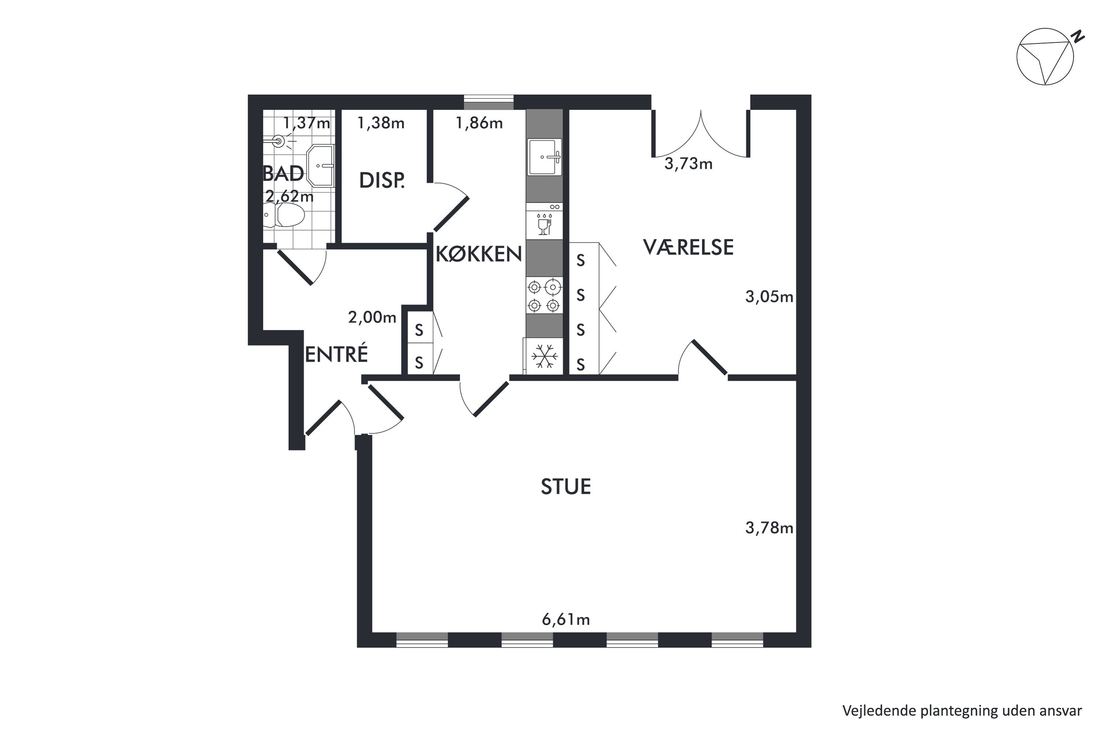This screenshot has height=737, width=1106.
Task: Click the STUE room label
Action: pos(566,486)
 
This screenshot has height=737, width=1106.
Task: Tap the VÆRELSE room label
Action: pos(688,247)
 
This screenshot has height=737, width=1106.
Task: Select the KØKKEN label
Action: pos(479,254)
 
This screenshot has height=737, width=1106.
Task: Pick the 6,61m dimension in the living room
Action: pos(566,620)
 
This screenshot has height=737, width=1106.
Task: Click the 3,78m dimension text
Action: pos(769,528)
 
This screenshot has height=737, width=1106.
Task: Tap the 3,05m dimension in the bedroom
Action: pos(769,297)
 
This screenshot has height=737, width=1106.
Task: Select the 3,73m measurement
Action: pos(688,164)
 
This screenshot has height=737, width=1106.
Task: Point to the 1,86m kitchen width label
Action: pos(479,123)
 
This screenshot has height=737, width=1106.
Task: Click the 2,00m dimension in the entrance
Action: pos(372,317)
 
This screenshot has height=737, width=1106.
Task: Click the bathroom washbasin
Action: pos(320,166)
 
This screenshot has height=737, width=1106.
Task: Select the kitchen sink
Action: pos(545,157)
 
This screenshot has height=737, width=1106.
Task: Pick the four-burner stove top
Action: pos(544,296)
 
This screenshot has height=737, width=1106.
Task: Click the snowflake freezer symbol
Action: pos(545,356)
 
